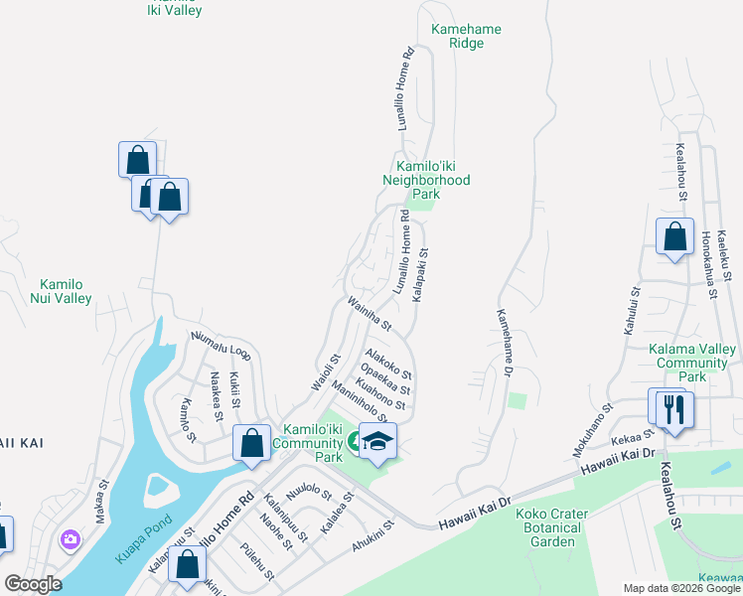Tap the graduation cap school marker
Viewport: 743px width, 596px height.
(x=377, y=439)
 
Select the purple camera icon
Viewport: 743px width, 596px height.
(x=71, y=540)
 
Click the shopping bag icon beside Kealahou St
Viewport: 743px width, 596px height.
(x=674, y=238)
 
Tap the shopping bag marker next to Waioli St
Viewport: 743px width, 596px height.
(x=252, y=443)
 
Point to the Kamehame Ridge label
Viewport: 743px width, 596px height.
(x=466, y=37)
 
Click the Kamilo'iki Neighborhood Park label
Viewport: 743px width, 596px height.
(x=426, y=180)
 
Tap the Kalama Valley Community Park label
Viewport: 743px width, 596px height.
(x=692, y=363)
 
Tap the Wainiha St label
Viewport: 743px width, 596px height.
(x=371, y=313)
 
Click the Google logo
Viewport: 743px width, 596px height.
(x=32, y=583)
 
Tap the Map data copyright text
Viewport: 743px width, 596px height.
(x=681, y=588)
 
